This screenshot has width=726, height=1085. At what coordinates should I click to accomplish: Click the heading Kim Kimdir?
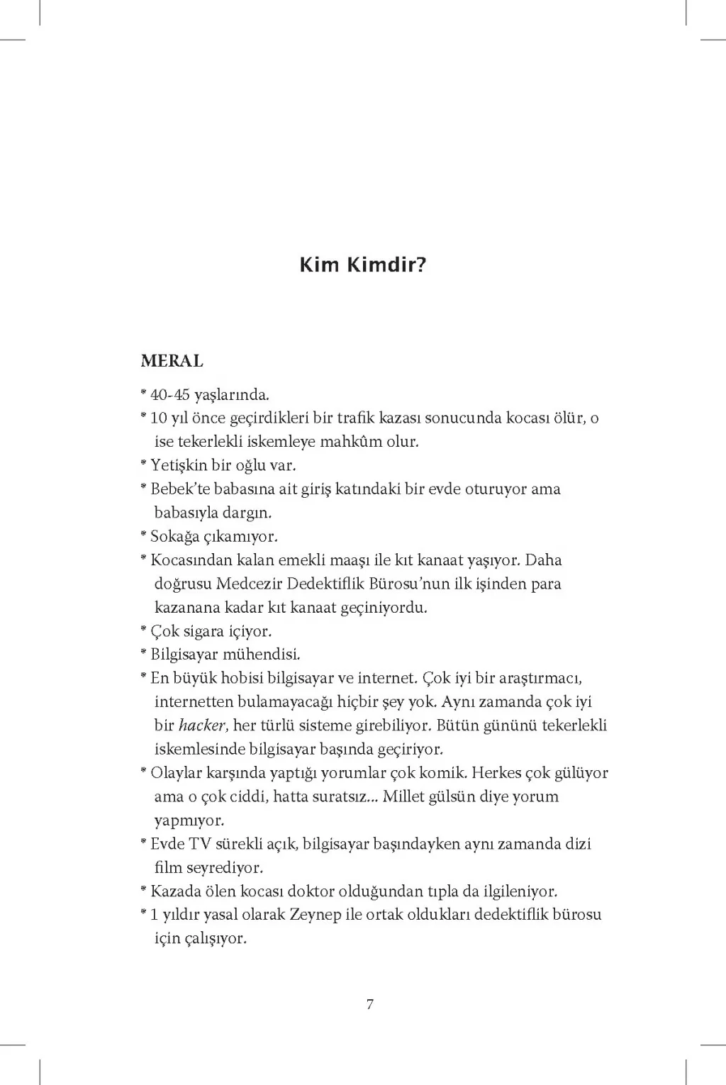tap(362, 266)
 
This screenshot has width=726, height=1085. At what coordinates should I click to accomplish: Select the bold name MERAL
tap(172, 361)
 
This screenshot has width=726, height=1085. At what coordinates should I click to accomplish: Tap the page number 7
tap(369, 1004)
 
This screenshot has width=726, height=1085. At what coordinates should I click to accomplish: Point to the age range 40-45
tap(170, 395)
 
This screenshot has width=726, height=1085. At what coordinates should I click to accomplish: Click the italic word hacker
tap(201, 725)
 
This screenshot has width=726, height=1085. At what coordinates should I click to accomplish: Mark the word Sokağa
tap(174, 537)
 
